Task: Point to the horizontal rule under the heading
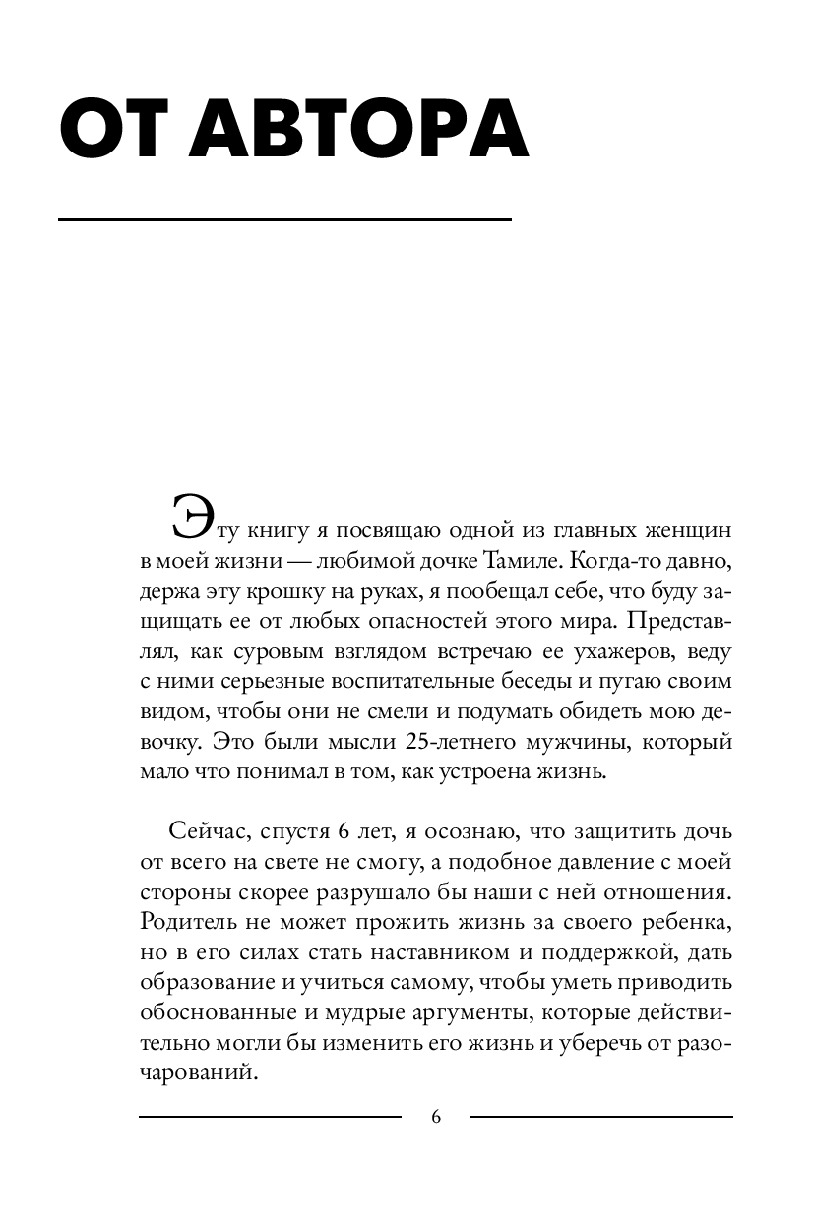click(284, 219)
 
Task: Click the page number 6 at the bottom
click(436, 1116)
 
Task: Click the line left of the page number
click(270, 1116)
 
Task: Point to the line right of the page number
click(601, 1116)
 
